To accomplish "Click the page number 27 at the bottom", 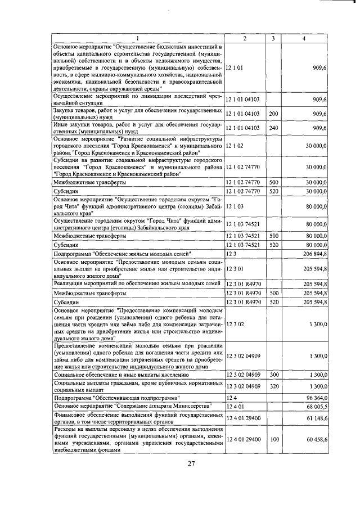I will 191,464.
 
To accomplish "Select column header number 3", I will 273,38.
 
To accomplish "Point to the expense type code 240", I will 274,128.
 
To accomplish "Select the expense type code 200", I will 274,114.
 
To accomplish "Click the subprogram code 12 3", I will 230,255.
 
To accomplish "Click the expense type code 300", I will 274,374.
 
